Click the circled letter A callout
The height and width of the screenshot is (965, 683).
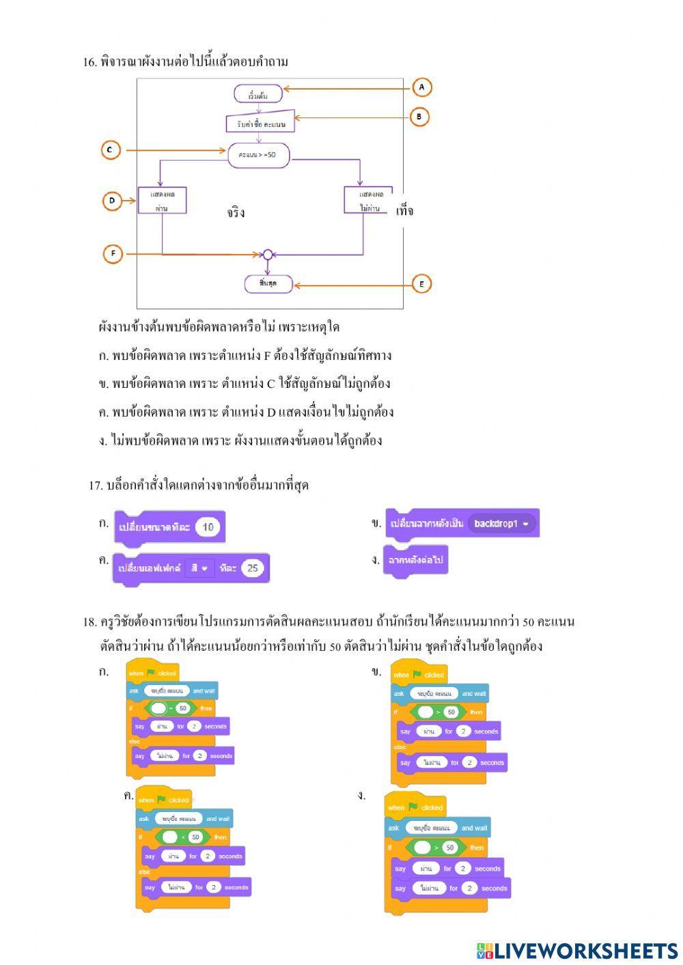coord(421,87)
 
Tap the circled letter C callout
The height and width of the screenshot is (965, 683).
coord(111,150)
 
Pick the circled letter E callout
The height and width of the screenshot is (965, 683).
coord(421,283)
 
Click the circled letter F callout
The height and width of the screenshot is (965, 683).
coord(113,254)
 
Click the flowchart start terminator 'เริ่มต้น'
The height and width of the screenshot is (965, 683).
coord(257,94)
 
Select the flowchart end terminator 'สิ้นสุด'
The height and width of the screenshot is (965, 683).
coord(268,283)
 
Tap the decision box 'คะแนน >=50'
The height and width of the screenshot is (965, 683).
coord(258,154)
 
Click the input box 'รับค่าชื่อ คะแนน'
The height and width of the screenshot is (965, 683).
coord(260,123)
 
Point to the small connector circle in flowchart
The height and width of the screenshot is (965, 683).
coord(268,255)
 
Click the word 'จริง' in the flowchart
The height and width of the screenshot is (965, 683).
coord(236,212)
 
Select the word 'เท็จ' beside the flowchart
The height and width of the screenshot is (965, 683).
coord(404,211)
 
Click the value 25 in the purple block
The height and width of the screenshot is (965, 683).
coord(252,568)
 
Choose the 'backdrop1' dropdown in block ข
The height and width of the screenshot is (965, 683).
coord(502,524)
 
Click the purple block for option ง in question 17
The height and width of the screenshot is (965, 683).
coord(415,561)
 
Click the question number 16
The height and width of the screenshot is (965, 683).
coord(89,62)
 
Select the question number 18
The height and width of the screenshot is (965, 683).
coord(89,622)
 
